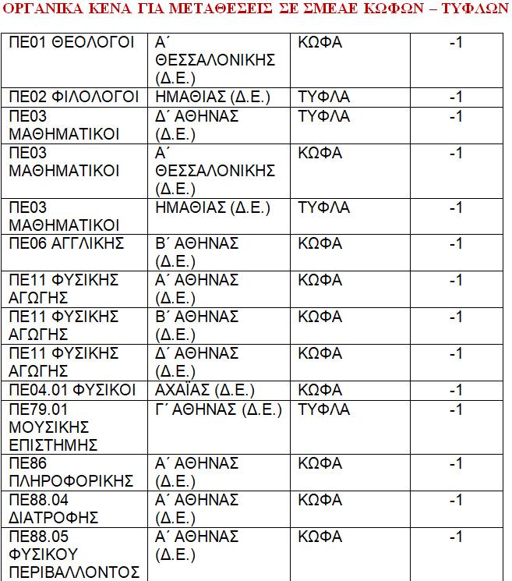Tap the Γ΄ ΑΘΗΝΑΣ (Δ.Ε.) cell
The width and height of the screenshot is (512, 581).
pyautogui.click(x=218, y=409)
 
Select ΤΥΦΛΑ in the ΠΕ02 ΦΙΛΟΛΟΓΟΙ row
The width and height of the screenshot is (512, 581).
pyautogui.click(x=324, y=97)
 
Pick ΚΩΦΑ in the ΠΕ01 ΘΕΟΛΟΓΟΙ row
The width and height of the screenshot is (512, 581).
pyautogui.click(x=320, y=42)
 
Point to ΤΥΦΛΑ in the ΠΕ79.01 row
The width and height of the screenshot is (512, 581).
pyautogui.click(x=324, y=409)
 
